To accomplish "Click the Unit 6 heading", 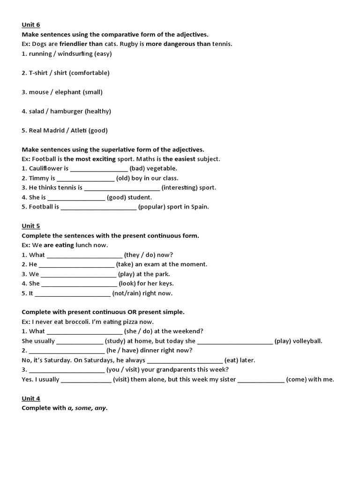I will point(31,25).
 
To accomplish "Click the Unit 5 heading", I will point(31,226).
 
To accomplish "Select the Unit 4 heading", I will point(31,398).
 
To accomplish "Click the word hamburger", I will point(67,112).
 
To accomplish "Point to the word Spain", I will point(200,207).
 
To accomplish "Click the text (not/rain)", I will point(127,294).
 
